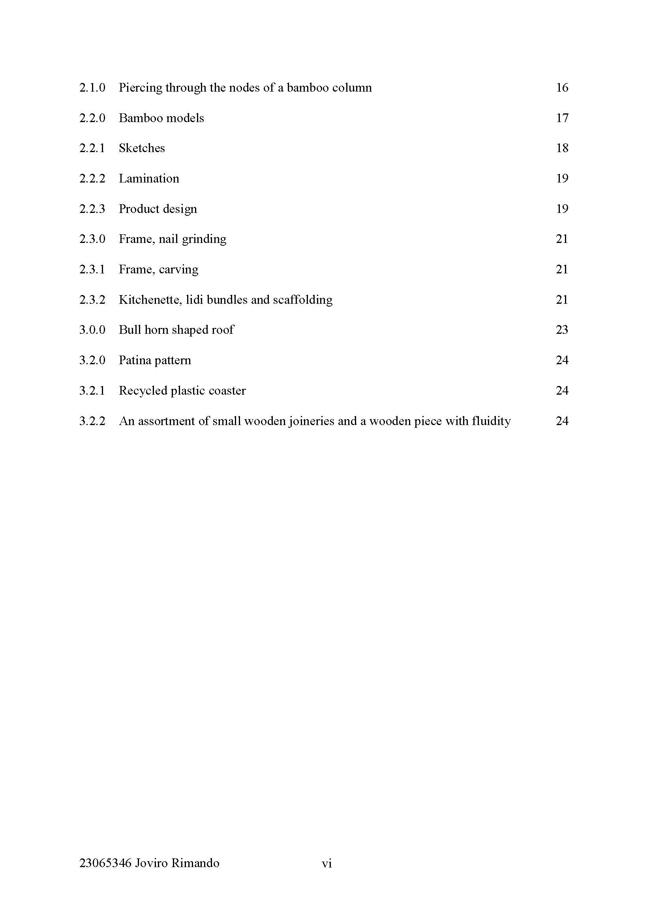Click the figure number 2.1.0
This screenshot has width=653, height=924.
(x=92, y=88)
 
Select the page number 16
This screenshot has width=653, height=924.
(x=562, y=88)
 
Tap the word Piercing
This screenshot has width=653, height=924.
(x=140, y=88)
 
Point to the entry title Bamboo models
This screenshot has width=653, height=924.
(x=161, y=118)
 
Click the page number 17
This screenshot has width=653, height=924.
(x=562, y=118)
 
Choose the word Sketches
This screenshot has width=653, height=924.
(x=142, y=148)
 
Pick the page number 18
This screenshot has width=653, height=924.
(x=562, y=148)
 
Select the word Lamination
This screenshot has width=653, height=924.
(x=149, y=179)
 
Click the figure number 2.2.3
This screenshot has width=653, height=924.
(x=92, y=209)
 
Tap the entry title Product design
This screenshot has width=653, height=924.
(x=158, y=209)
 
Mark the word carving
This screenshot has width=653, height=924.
(x=178, y=270)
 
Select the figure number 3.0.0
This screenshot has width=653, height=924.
(x=92, y=330)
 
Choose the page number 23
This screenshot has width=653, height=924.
(x=562, y=330)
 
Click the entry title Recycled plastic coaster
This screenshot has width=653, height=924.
(x=182, y=391)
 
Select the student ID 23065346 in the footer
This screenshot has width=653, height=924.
(x=105, y=863)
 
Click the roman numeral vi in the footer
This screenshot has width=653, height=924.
(x=326, y=863)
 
